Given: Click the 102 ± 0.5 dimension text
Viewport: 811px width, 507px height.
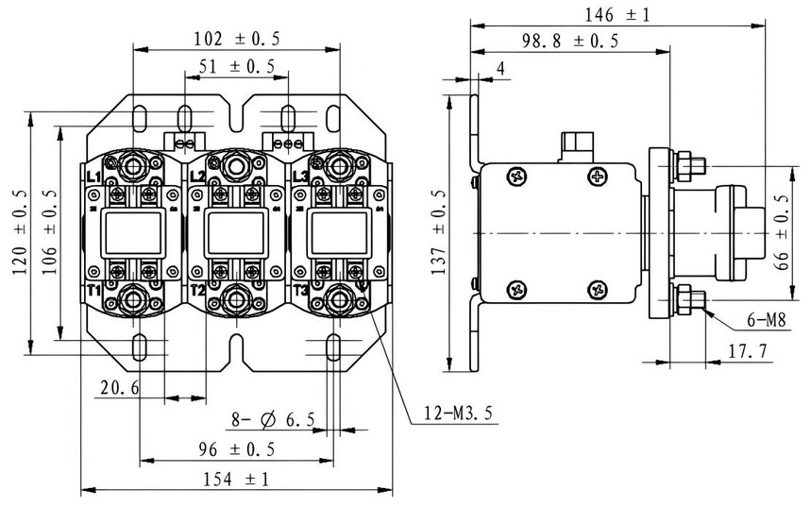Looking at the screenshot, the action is (236, 39).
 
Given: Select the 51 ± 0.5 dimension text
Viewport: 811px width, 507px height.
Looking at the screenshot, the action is (236, 66).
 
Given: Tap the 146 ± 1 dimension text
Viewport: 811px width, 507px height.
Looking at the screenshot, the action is (617, 14).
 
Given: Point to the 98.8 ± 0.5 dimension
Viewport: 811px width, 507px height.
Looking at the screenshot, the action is (569, 41).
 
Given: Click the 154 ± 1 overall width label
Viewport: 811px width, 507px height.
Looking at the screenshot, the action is (236, 479).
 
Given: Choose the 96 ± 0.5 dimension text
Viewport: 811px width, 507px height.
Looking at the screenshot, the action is (236, 449).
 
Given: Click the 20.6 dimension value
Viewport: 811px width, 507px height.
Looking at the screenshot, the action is (120, 387).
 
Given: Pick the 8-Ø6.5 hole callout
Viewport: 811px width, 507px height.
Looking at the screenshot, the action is (273, 419).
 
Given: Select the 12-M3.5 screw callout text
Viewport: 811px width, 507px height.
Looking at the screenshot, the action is (458, 413).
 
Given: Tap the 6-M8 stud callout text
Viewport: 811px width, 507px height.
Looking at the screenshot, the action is (767, 321).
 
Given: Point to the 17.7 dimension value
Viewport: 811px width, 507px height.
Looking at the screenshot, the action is (748, 352).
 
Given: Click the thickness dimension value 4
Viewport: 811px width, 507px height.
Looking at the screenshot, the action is (500, 68).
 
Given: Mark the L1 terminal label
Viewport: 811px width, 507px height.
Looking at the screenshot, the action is (93, 177).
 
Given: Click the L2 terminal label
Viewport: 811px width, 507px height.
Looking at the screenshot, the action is (197, 177).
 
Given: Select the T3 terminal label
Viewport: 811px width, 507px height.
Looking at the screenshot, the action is (300, 290).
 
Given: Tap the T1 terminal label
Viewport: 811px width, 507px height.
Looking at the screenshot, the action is (93, 290).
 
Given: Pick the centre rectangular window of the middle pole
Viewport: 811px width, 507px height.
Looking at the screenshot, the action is (236, 233).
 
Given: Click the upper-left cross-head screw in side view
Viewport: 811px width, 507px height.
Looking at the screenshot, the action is (516, 177).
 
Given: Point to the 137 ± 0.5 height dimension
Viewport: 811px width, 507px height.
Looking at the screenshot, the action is (438, 231).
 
